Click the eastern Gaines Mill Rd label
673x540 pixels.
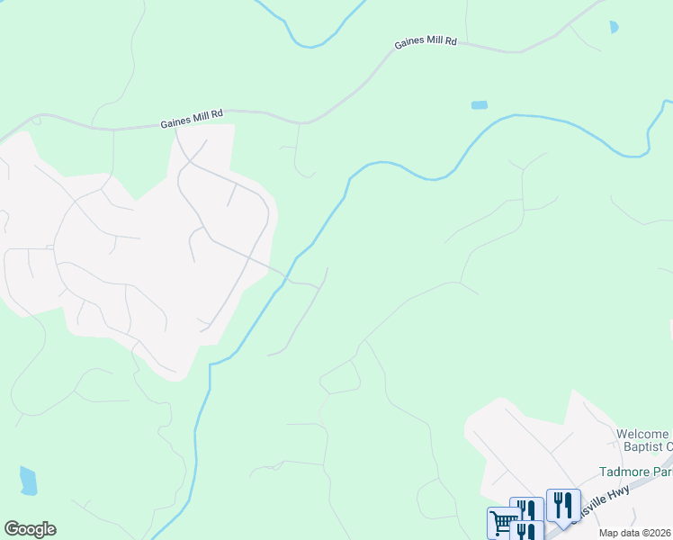(426, 42)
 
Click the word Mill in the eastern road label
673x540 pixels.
(433, 42)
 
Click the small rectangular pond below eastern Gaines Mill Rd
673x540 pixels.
(480, 105)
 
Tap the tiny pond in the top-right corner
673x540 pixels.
(614, 27)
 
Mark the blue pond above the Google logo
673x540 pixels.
(29, 481)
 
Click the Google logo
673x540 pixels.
(30, 529)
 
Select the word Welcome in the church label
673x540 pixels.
(643, 435)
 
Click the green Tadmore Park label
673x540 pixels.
(635, 472)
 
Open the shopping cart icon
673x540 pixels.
(504, 523)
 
